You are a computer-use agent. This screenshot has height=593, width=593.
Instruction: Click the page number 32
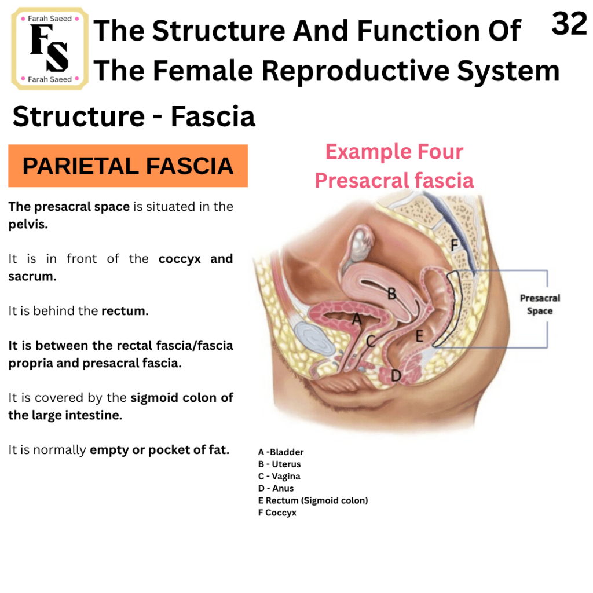(x=569, y=23)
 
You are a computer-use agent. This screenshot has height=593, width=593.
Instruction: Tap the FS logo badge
(x=50, y=49)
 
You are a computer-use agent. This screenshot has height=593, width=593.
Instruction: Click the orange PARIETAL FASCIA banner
(x=128, y=166)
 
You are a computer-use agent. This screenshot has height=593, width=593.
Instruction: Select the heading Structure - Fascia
(x=134, y=116)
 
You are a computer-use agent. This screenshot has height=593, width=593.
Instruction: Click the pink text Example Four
(x=394, y=152)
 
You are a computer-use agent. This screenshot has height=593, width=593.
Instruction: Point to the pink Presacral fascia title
(x=394, y=180)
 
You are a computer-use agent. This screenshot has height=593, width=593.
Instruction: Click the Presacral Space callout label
(x=540, y=305)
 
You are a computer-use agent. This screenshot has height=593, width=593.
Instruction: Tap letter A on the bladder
(x=357, y=320)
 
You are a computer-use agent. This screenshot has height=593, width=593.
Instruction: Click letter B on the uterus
(x=391, y=294)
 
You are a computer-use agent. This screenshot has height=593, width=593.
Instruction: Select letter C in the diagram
(x=371, y=341)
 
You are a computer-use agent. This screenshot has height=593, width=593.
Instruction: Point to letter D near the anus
(x=396, y=376)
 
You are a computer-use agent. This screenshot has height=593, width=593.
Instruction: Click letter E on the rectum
(x=419, y=336)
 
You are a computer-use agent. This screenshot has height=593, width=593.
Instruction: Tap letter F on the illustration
(x=454, y=246)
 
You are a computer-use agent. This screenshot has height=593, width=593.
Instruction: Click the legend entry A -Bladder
(x=281, y=452)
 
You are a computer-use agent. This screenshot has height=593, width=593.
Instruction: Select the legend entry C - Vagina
(x=279, y=476)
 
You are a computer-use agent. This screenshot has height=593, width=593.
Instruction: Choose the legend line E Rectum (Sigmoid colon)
(x=313, y=500)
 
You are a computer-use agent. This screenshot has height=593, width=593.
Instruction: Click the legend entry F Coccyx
(x=277, y=513)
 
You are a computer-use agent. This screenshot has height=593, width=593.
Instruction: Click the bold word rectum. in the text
(x=125, y=311)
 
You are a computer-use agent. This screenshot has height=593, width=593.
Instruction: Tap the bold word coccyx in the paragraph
(x=180, y=259)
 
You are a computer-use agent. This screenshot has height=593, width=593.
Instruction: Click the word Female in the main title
(x=203, y=71)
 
